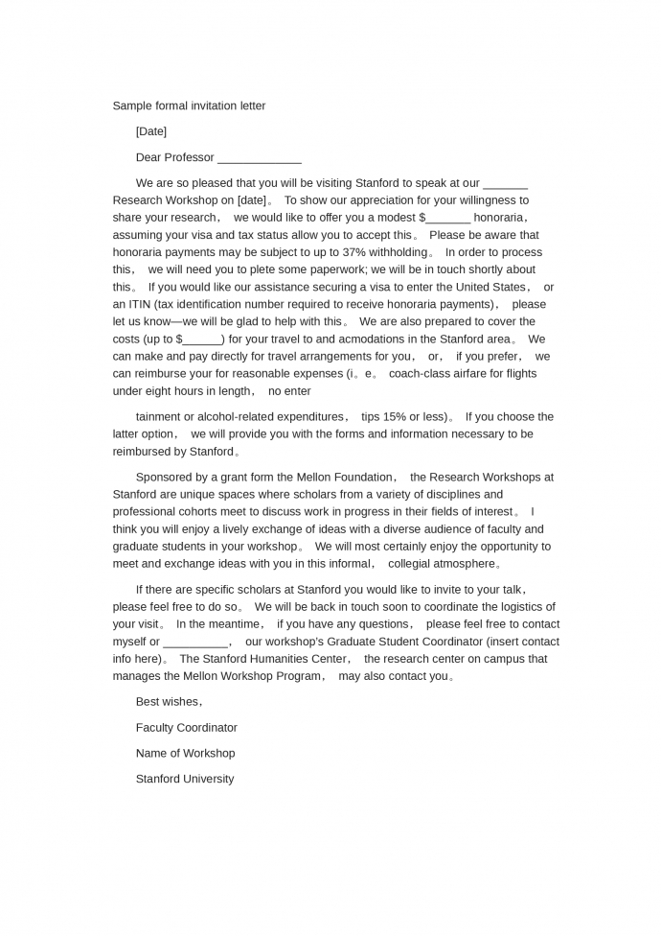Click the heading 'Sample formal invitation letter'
tap(189, 105)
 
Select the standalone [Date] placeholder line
tap(151, 131)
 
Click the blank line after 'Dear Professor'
tap(259, 157)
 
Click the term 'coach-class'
tap(421, 373)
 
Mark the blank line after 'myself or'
tap(195, 642)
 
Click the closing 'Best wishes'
tap(168, 702)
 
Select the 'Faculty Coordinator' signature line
tap(187, 728)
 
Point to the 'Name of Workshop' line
tap(185, 754)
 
